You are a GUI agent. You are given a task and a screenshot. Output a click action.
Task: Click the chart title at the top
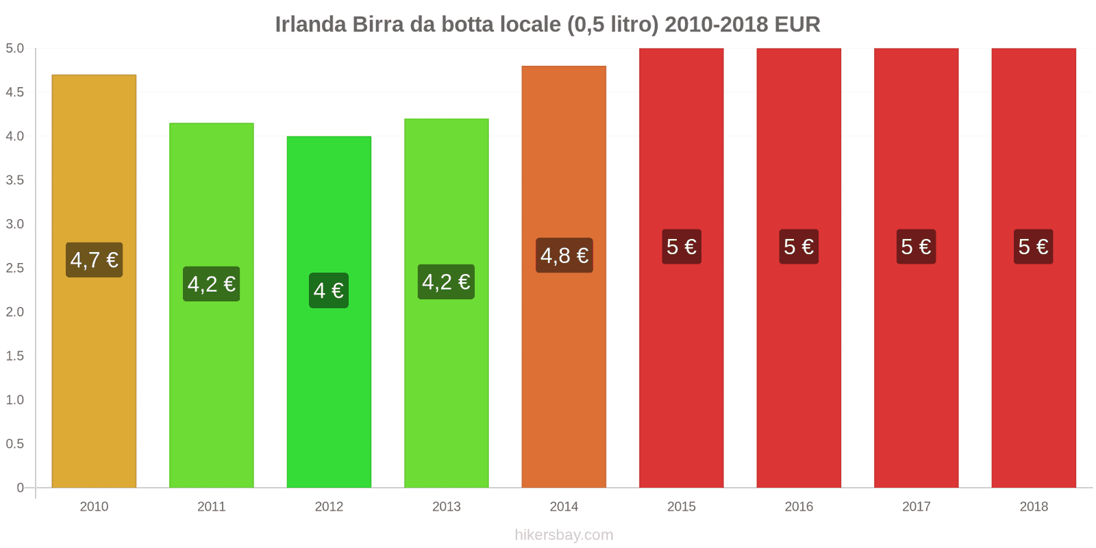tap(547, 25)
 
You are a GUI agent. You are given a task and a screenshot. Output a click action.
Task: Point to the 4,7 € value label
tap(94, 260)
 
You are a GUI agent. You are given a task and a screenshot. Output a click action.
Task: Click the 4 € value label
tap(329, 290)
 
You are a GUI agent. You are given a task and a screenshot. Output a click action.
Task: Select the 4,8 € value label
tap(564, 256)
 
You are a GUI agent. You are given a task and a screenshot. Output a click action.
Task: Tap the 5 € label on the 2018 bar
tap(1033, 247)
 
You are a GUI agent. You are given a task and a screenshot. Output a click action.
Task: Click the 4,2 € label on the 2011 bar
tap(212, 284)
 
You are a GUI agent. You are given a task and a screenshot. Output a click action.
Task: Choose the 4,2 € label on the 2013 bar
tap(446, 282)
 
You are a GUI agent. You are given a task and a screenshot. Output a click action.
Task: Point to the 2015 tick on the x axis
tap(681, 507)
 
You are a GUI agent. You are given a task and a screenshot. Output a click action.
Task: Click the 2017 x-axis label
tap(916, 507)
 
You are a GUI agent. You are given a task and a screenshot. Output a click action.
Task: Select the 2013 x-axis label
tap(446, 507)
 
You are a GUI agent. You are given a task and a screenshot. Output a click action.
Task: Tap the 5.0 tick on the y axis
tap(15, 49)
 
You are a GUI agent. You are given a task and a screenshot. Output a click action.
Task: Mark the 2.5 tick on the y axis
tap(15, 268)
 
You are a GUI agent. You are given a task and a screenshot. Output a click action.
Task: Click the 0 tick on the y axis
tap(20, 488)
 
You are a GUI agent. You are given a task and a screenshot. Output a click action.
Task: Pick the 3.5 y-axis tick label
tap(15, 180)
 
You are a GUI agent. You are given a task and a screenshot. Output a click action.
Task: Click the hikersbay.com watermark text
tap(564, 535)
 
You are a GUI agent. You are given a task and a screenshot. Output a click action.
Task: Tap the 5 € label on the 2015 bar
tap(681, 247)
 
